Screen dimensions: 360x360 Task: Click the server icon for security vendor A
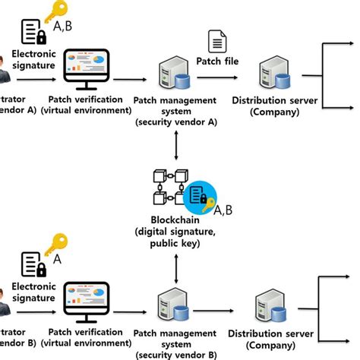coord(172,75)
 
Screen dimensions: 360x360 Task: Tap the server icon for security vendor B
coord(172,305)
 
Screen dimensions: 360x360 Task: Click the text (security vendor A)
coord(175,121)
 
